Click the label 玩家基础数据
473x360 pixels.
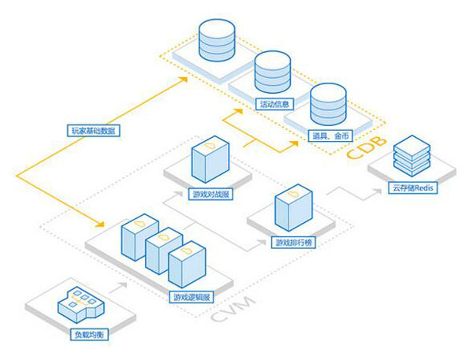[x=93, y=131]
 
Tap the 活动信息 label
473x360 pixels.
[x=276, y=103]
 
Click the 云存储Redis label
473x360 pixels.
[x=412, y=188]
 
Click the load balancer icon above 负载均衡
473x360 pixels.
[x=78, y=303]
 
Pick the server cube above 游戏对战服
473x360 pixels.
[x=210, y=162]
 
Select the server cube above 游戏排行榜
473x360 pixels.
[x=291, y=210]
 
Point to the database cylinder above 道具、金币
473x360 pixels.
[x=326, y=106]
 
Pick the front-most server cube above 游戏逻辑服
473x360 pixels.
[x=188, y=265]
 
